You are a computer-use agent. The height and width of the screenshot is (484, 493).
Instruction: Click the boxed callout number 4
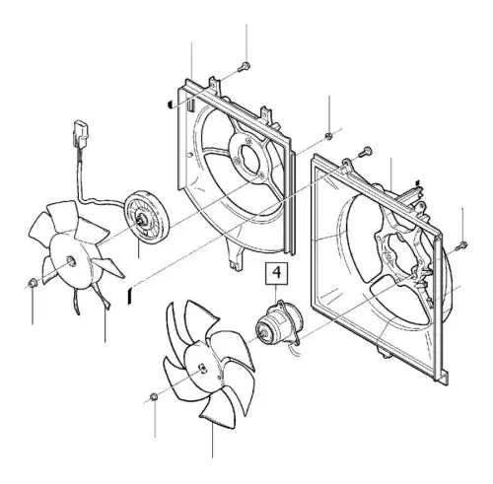277,273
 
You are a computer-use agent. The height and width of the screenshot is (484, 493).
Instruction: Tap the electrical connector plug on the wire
82,133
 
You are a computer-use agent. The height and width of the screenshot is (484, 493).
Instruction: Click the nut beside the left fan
33,282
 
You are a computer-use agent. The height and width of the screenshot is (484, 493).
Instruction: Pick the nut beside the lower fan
154,396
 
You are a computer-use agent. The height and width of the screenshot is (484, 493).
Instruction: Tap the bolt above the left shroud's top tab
245,66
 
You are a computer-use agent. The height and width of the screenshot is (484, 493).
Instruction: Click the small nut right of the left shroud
328,135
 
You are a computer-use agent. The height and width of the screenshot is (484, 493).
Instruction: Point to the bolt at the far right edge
461,245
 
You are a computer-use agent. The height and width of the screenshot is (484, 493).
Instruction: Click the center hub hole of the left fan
71,261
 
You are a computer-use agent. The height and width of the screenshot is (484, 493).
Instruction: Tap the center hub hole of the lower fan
203,369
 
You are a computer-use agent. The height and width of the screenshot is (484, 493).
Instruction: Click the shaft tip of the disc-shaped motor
142,220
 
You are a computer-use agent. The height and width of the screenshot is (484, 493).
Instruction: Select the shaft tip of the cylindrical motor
263,333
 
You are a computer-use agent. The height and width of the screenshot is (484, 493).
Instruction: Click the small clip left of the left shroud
171,104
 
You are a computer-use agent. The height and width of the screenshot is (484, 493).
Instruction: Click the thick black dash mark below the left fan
130,295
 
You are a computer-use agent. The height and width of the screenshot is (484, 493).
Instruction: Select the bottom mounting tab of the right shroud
386,352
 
